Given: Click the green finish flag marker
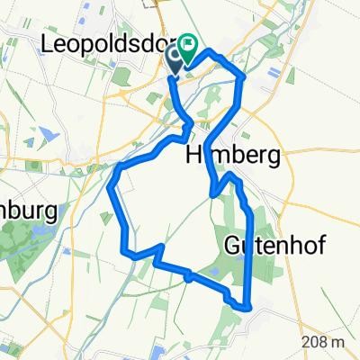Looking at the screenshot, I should pyautogui.click(x=190, y=42).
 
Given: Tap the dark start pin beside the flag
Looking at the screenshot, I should pyautogui.click(x=175, y=58).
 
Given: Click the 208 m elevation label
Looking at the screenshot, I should pyautogui.click(x=325, y=342).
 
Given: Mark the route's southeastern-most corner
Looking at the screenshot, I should pyautogui.click(x=246, y=308).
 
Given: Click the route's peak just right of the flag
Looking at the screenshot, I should pyautogui.click(x=212, y=55).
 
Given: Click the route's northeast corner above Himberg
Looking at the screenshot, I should pyautogui.click(x=243, y=79).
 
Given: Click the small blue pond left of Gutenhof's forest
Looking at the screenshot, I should pyautogui.click(x=186, y=278).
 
